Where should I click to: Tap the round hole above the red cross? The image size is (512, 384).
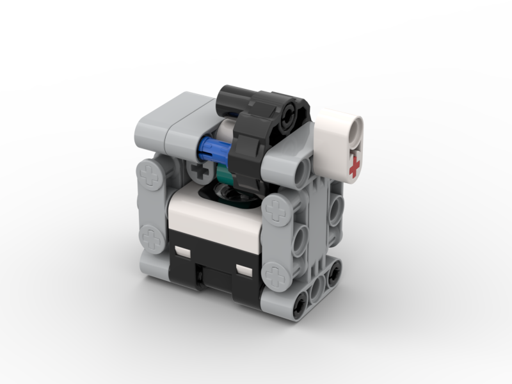351,129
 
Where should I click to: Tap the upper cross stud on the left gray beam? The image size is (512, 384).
152,175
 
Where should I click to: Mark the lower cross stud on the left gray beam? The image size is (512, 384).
152,238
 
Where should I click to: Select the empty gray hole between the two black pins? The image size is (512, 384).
315,296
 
